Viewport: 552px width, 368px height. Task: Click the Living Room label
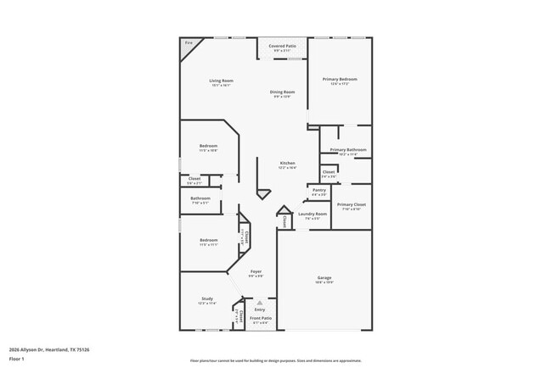221,81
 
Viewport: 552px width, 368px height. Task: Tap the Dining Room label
282,92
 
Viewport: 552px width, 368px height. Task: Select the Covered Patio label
282,46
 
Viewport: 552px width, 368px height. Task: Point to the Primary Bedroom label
340,80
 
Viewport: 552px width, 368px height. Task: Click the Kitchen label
288,163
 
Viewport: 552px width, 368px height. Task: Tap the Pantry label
319,190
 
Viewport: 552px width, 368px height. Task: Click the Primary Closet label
351,204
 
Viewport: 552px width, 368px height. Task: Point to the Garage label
324,278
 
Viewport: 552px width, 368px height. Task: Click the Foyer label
256,271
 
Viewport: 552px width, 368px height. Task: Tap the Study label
207,298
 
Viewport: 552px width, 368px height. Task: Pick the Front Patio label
260,319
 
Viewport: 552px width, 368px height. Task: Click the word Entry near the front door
260,309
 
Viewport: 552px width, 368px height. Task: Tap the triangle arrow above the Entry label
260,302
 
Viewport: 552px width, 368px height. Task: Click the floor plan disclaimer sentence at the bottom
275,360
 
